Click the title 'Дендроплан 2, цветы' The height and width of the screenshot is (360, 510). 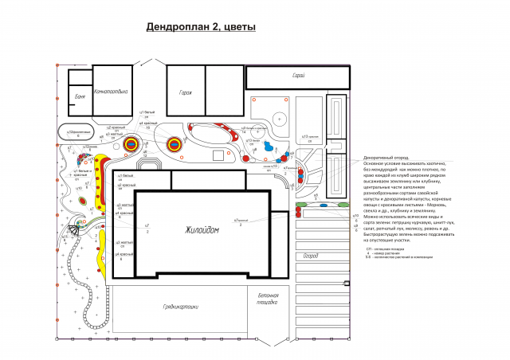201,27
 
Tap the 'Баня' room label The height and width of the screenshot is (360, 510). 80,96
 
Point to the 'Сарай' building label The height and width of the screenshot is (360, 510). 299,76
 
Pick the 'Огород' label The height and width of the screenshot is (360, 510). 312,256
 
